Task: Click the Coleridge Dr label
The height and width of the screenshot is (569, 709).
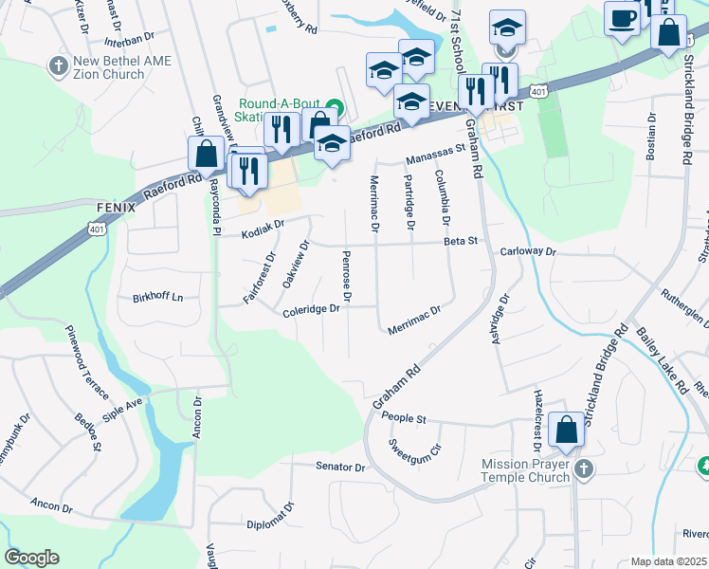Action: point(310,309)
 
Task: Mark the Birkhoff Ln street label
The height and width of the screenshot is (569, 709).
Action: point(157,296)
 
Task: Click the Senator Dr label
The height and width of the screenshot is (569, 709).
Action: point(341,468)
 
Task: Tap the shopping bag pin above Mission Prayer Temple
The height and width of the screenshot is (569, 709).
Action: point(566,430)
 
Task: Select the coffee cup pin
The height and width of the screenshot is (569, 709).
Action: point(622,18)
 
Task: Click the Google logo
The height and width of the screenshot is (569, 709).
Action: point(31,558)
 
